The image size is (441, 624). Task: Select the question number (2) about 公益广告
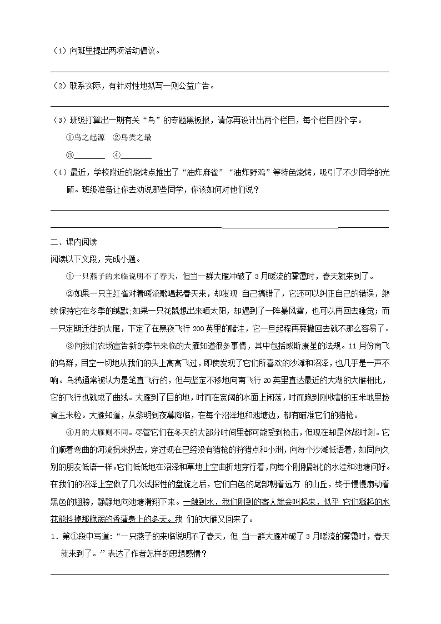coord(60,86)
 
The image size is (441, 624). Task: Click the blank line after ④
coord(136,156)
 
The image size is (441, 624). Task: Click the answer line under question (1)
coord(219,71)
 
